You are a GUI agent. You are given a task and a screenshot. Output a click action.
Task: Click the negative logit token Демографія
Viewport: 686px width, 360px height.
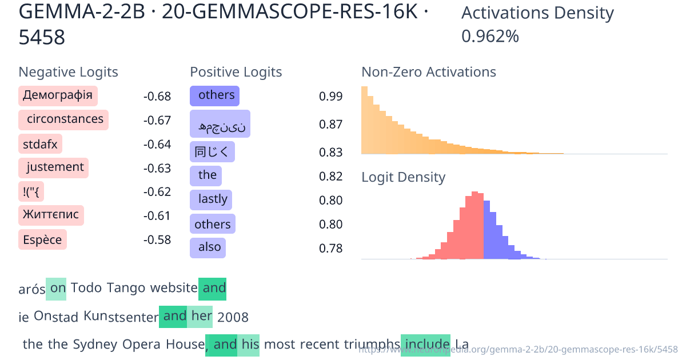coord(58,95)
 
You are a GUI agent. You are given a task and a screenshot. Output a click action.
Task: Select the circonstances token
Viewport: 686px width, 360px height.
coord(63,119)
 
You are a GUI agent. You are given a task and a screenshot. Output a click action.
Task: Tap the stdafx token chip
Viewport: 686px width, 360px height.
coord(40,144)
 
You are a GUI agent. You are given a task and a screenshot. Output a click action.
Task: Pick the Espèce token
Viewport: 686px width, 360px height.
coord(42,239)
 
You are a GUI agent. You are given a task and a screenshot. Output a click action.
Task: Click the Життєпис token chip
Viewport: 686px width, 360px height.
coord(51,215)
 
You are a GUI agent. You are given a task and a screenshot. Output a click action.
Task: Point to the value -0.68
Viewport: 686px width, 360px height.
coord(157,97)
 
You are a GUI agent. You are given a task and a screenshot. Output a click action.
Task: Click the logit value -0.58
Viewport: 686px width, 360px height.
coord(157,239)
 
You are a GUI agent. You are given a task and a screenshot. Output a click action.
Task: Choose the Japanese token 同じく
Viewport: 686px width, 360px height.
coord(212,152)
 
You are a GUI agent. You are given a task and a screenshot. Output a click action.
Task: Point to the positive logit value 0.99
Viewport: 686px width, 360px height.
coord(331,97)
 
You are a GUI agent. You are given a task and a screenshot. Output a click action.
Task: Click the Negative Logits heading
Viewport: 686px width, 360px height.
coord(68,72)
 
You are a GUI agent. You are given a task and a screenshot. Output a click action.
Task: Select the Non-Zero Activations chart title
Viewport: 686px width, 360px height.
coord(428,72)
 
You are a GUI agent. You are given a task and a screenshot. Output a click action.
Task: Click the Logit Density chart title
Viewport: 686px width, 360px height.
coord(403,177)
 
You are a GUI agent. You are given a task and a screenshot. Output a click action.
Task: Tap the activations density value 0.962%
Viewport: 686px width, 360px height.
coord(490,37)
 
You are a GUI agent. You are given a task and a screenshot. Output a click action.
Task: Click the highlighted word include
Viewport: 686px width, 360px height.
coord(426,344)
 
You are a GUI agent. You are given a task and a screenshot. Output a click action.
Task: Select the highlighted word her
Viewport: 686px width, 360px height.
coord(202,316)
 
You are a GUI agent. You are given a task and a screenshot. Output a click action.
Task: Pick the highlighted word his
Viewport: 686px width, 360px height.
coord(250,344)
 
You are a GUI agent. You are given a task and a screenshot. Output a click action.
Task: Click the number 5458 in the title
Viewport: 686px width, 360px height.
coord(42,38)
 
